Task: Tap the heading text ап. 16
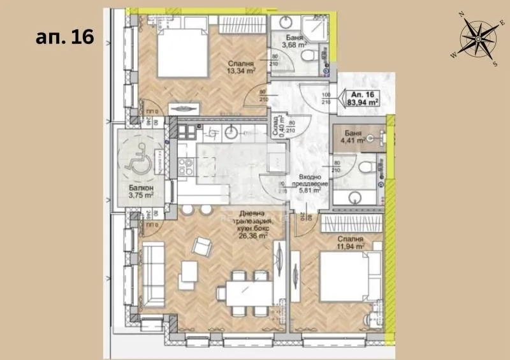(x=64, y=36)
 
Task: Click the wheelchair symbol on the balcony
(x=137, y=163)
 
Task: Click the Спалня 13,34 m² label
(x=241, y=68)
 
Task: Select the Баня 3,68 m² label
(x=294, y=40)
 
